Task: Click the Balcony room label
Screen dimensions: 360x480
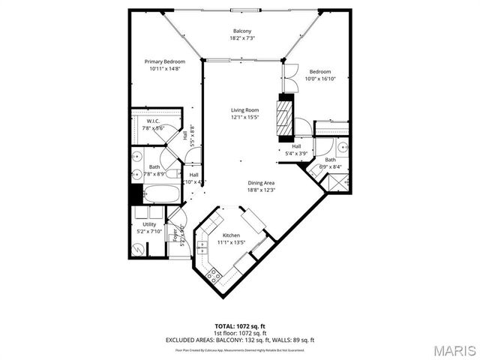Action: (x=241, y=31)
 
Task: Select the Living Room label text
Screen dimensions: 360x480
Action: (x=244, y=110)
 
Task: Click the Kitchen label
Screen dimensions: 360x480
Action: (x=230, y=235)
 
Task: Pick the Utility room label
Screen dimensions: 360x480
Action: (x=149, y=224)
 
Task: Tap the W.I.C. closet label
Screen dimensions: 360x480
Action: (x=153, y=121)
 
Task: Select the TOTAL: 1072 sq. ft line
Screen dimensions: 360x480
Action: (x=240, y=326)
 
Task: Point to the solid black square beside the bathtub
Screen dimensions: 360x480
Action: (x=135, y=193)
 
